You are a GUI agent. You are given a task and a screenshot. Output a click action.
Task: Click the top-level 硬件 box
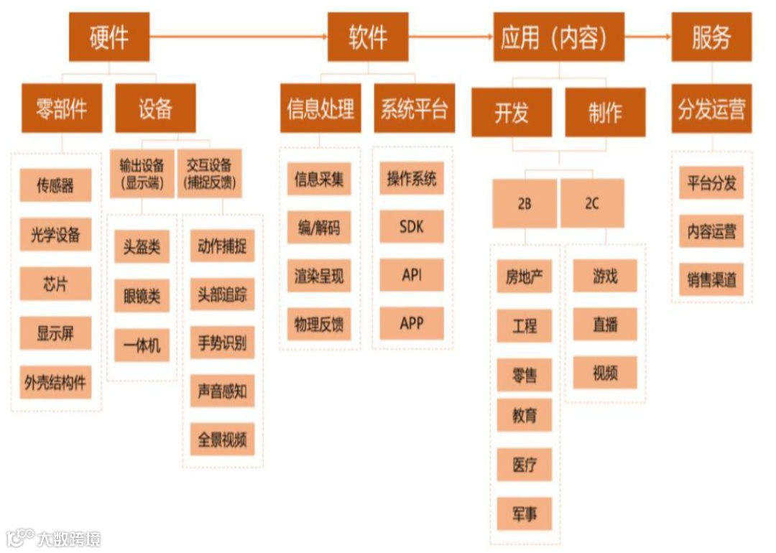(x=109, y=37)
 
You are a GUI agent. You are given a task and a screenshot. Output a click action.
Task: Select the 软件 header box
(x=368, y=37)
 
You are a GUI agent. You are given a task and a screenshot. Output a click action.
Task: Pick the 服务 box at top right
(x=711, y=37)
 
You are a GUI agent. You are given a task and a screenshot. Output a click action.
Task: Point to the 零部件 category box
(x=62, y=108)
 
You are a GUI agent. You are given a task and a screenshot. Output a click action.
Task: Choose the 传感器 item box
(x=55, y=185)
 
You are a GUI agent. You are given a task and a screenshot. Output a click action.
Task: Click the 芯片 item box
(x=55, y=283)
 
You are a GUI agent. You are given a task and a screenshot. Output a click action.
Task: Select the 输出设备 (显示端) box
(x=142, y=173)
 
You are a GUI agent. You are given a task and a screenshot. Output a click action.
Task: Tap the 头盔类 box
(x=142, y=248)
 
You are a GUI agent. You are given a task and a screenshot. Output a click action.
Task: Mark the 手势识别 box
(x=222, y=343)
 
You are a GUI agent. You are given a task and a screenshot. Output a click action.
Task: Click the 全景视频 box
(x=222, y=440)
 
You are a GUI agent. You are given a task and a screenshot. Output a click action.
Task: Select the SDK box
(x=412, y=227)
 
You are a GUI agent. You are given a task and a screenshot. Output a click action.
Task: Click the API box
(x=412, y=275)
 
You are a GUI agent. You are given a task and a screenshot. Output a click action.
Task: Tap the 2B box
(x=525, y=203)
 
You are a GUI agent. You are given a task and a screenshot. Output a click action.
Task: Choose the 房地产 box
(x=525, y=276)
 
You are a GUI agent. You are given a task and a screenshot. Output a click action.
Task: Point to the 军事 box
(x=525, y=514)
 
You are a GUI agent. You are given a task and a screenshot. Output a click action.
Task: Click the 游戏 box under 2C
(x=605, y=276)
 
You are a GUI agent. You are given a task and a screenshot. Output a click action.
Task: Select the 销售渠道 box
(x=711, y=279)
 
